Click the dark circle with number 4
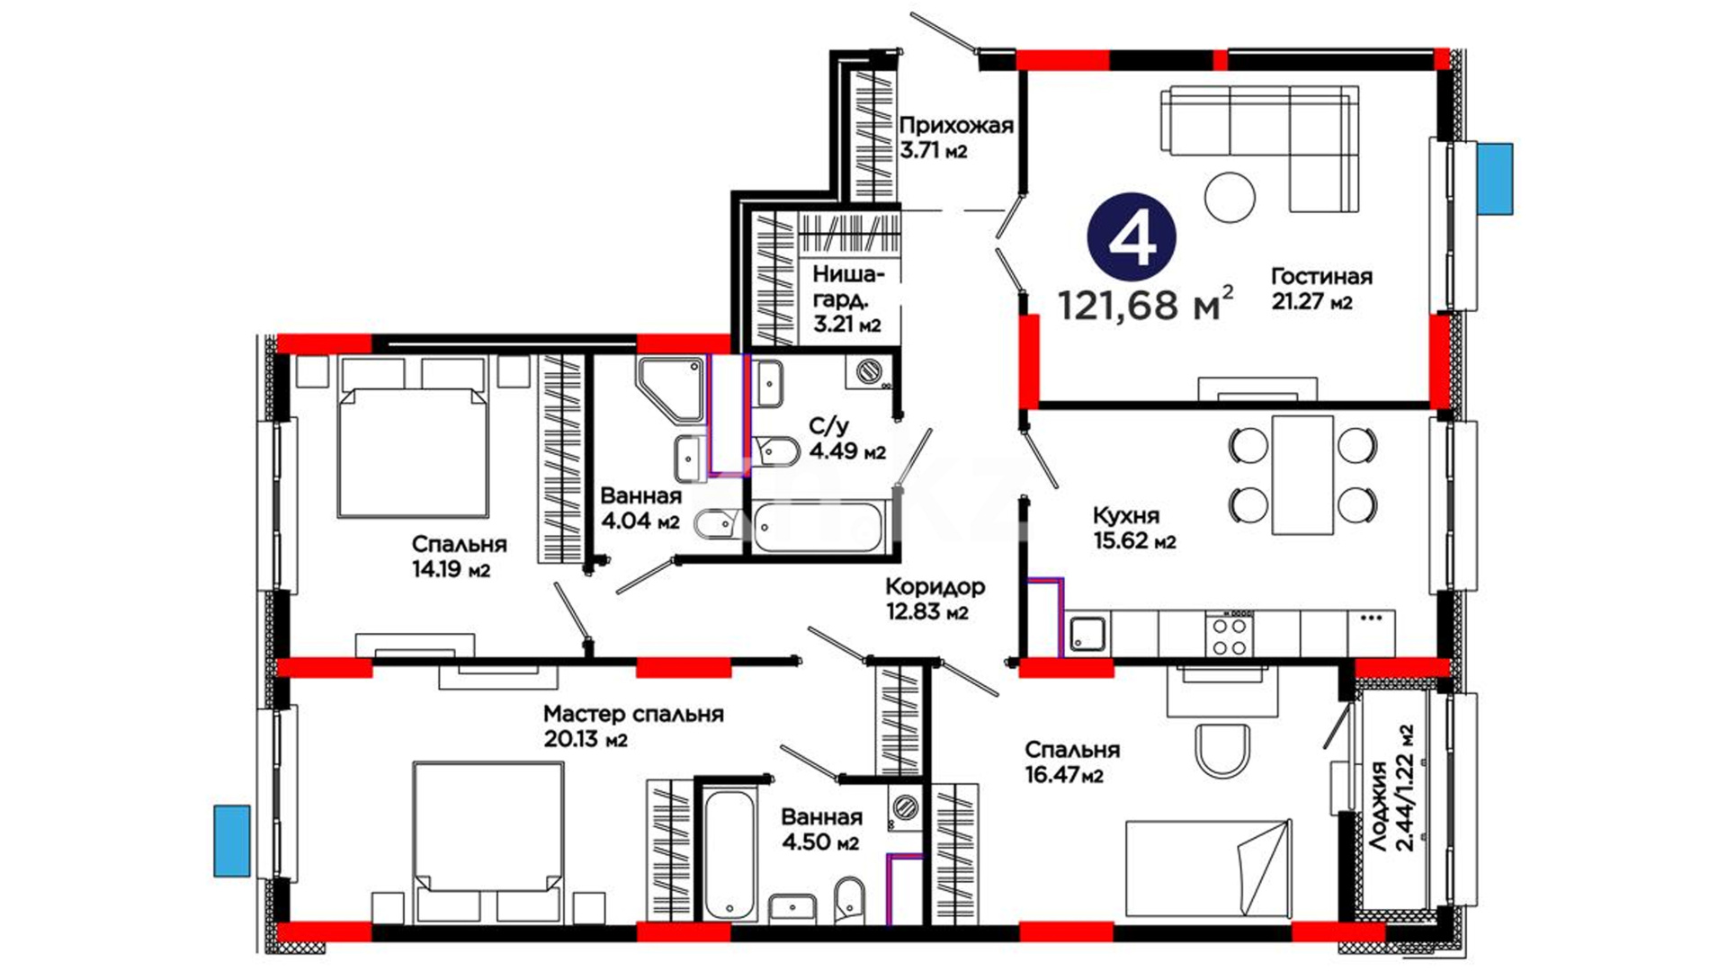(x=1132, y=237)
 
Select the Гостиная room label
(x=1321, y=276)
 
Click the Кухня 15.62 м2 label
(x=1134, y=528)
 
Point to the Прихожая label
(x=956, y=125)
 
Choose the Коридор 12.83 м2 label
(x=935, y=599)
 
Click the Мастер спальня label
(x=633, y=714)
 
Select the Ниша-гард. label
(x=847, y=287)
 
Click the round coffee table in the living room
(x=1230, y=196)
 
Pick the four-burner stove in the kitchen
(x=1230, y=635)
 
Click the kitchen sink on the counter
(x=1087, y=635)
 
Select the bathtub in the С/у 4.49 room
(x=819, y=528)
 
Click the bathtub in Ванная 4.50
(x=728, y=854)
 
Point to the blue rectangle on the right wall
(x=1494, y=178)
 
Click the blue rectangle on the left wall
(x=231, y=841)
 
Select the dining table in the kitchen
(x=1302, y=475)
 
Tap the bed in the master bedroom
(x=488, y=842)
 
